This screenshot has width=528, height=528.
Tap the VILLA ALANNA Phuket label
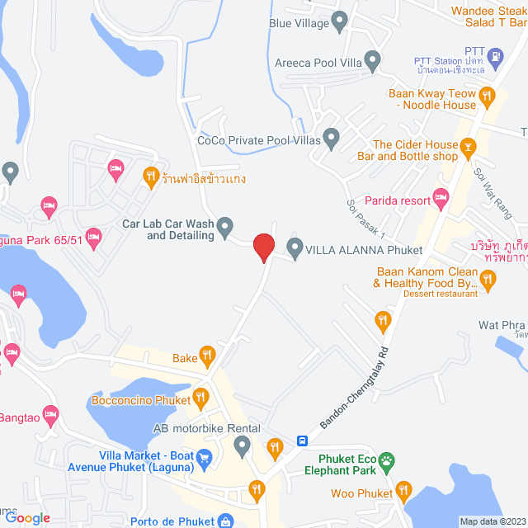click(x=365, y=250)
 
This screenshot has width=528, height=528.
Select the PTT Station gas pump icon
click(x=495, y=57)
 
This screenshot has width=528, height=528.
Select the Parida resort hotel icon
click(x=441, y=196)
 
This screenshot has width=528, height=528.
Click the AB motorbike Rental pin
click(x=242, y=446)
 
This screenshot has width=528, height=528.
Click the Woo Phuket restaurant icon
click(x=403, y=492)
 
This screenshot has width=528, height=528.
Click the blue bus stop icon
click(x=304, y=441)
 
